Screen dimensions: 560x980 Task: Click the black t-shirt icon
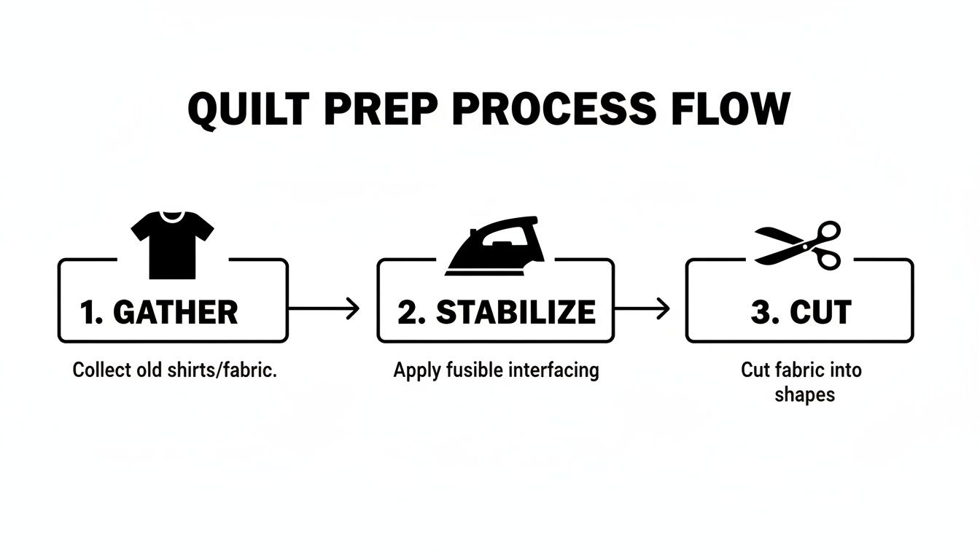[x=173, y=244]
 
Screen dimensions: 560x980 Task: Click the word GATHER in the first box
[x=176, y=312]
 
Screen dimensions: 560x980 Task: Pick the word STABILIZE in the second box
[x=516, y=312]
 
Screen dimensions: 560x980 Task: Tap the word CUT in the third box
[x=821, y=312]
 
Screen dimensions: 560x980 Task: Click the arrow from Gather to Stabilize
[x=324, y=309]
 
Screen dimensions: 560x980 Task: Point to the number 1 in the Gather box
[x=88, y=312]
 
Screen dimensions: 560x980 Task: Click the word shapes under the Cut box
[x=804, y=394]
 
